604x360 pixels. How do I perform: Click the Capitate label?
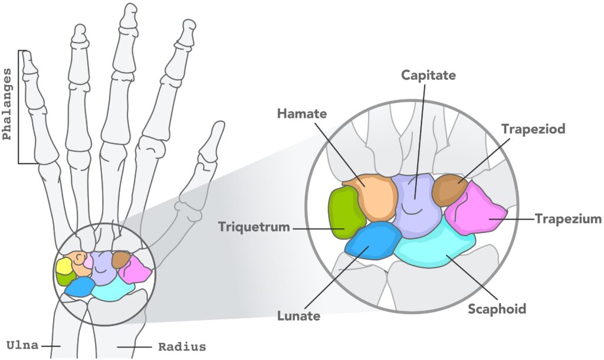coord(428,75)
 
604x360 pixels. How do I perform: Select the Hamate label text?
coord(301,113)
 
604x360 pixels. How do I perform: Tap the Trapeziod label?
coord(533,129)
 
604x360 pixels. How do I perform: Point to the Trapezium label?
coord(568,219)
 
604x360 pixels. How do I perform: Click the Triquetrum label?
coord(254,227)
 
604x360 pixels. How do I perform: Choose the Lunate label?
coord(298,316)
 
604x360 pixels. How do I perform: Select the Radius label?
coord(182,346)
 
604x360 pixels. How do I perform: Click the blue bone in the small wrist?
coord(80,287)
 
